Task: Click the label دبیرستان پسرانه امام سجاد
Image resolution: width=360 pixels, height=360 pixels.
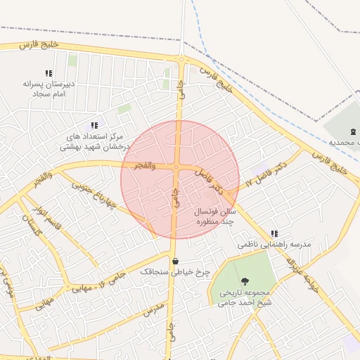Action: click(49, 88)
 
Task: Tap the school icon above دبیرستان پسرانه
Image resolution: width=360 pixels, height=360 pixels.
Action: click(49, 73)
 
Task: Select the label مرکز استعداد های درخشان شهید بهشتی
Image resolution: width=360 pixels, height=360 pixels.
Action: click(93, 141)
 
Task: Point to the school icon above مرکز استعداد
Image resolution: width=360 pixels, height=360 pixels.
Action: click(94, 125)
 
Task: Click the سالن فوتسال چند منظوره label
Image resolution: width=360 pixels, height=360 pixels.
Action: click(217, 216)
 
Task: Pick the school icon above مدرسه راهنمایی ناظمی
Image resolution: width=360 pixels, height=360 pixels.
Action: click(274, 233)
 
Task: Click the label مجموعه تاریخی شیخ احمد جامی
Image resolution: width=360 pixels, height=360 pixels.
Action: click(244, 297)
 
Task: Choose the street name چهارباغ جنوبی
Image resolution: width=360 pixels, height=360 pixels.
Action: click(94, 191)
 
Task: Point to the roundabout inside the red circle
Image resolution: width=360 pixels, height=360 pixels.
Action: click(175, 167)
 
